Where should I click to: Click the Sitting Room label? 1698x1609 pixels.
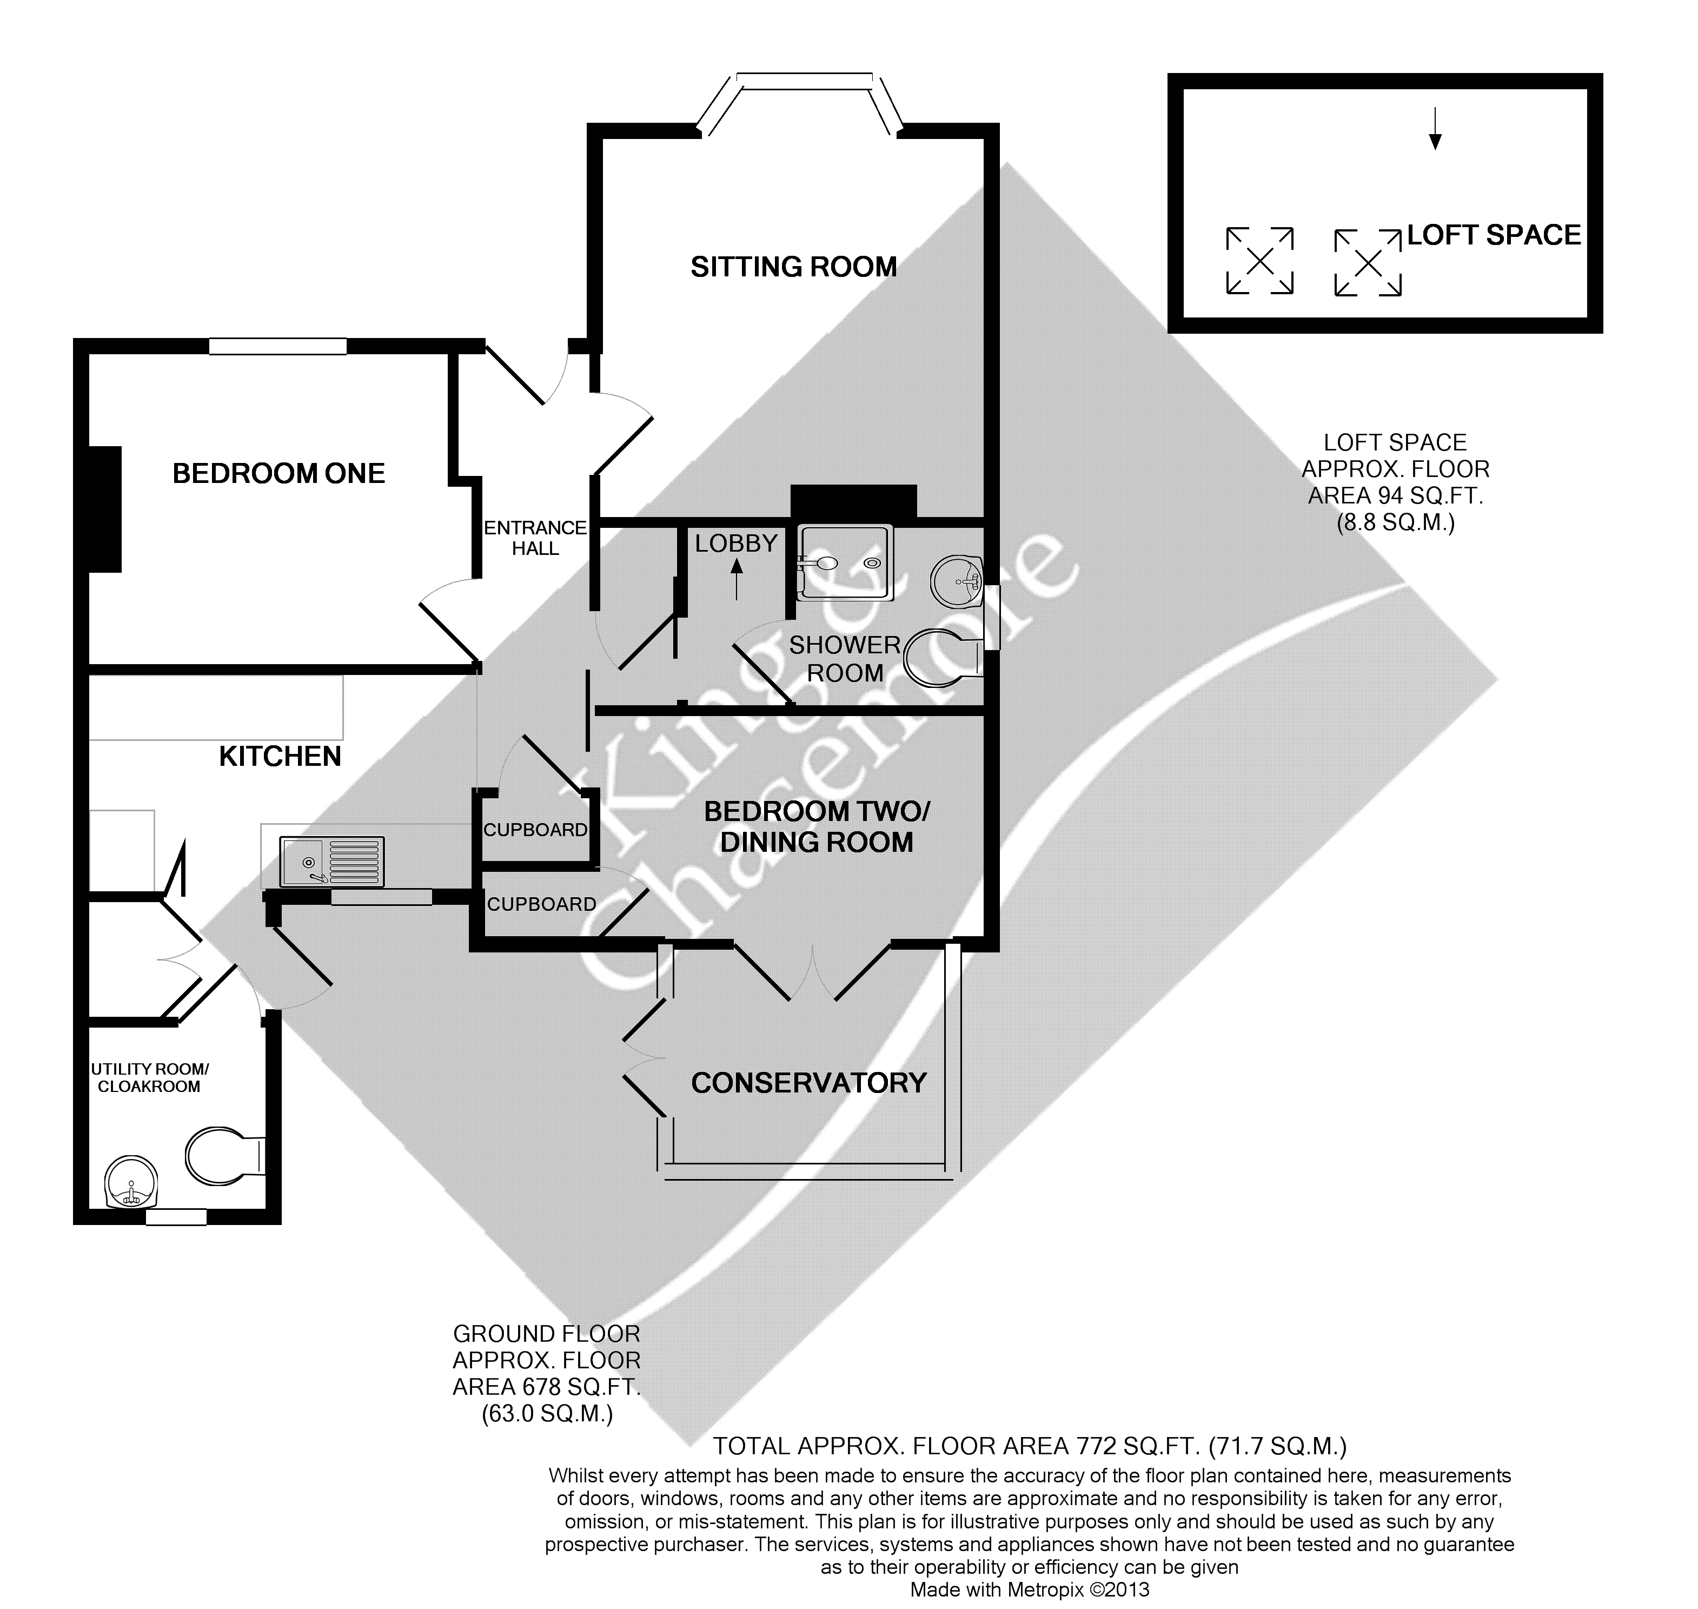click(793, 267)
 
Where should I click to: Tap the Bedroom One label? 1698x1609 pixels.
click(278, 473)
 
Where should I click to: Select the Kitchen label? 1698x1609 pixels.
click(281, 757)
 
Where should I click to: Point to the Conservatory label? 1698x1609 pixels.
click(808, 1083)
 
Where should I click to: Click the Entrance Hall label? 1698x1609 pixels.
click(535, 538)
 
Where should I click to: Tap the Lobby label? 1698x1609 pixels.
click(736, 543)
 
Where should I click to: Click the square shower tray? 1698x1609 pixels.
click(845, 562)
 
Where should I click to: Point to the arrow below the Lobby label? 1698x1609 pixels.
click(736, 579)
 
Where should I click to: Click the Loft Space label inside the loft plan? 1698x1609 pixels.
click(1494, 235)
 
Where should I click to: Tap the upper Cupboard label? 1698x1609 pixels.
click(535, 830)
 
